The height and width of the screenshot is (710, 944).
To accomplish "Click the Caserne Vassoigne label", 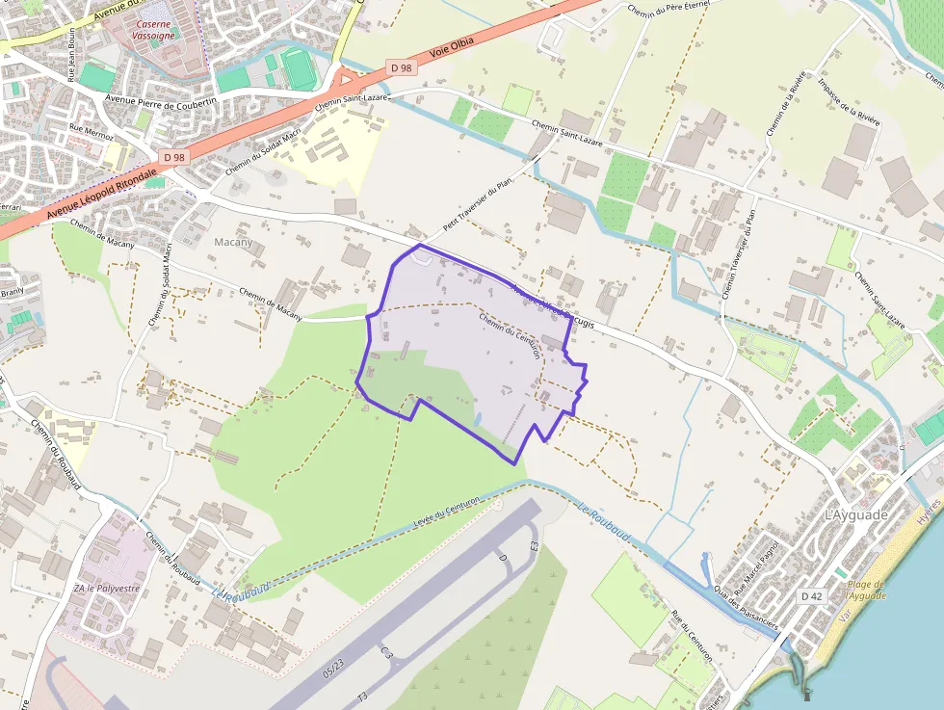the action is point(154,29).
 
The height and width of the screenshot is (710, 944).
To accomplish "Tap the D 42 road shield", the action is point(812,596).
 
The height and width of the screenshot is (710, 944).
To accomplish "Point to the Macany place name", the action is point(233,242).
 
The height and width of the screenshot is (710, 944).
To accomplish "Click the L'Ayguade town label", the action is point(855,515).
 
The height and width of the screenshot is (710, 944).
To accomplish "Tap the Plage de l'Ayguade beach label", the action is point(866,590).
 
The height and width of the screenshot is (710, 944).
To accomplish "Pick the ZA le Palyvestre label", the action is point(106,588).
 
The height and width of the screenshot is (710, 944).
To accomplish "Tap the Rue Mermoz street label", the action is point(91,132).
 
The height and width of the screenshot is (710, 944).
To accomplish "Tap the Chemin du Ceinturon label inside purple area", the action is point(510,336).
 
